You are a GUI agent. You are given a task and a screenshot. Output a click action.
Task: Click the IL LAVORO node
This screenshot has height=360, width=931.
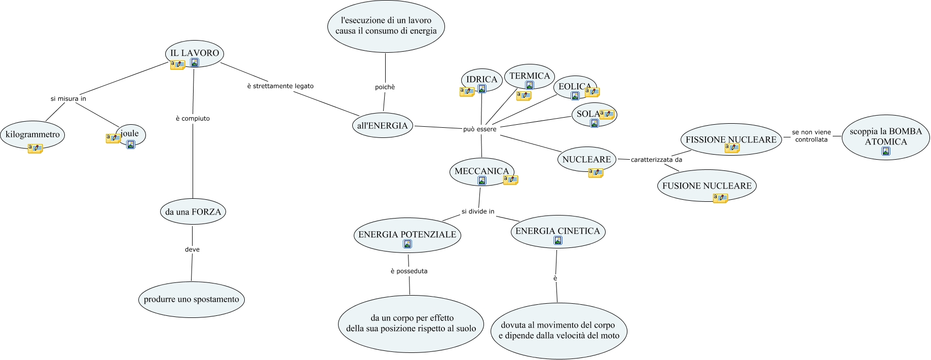tap(195, 53)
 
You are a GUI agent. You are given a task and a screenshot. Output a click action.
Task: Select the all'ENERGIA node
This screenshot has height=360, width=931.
tap(382, 126)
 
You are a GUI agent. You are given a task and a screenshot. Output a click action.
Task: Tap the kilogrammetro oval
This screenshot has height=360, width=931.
tap(32, 134)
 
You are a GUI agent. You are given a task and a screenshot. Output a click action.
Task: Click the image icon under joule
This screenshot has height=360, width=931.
tap(131, 145)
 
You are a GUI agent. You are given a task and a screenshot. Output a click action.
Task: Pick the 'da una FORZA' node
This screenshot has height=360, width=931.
tap(193, 211)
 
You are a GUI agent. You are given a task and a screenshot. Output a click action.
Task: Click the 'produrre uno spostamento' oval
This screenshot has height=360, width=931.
tap(191, 299)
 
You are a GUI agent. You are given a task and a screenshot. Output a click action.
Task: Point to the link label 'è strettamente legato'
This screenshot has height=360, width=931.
tap(280, 86)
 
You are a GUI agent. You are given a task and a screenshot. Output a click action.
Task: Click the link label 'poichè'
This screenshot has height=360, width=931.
tap(385, 87)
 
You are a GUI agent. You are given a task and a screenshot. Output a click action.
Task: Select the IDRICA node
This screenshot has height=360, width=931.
tap(481, 79)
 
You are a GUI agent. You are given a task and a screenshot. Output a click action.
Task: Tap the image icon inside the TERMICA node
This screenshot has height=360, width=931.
tap(530, 85)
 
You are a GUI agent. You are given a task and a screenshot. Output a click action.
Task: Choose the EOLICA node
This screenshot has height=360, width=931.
tap(574, 86)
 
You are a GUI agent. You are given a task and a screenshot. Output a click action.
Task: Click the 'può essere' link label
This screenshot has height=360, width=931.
tap(479, 129)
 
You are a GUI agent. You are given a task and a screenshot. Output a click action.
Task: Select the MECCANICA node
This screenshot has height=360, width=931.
tap(481, 171)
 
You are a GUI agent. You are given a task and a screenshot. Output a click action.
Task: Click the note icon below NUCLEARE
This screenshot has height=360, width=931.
tap(596, 173)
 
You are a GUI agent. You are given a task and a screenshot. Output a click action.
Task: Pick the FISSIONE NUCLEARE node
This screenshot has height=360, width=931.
tap(731, 139)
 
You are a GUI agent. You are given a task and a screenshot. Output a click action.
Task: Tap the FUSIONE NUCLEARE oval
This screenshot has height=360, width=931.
tap(707, 186)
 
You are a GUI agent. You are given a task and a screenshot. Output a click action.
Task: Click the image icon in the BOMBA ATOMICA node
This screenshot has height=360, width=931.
tap(886, 151)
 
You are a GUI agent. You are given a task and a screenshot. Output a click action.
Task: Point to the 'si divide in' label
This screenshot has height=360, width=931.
tap(477, 211)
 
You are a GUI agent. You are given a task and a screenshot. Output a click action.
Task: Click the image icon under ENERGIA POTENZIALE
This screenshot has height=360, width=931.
tap(407, 244)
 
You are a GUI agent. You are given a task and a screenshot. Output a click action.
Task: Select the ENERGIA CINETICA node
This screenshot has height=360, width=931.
tap(557, 231)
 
